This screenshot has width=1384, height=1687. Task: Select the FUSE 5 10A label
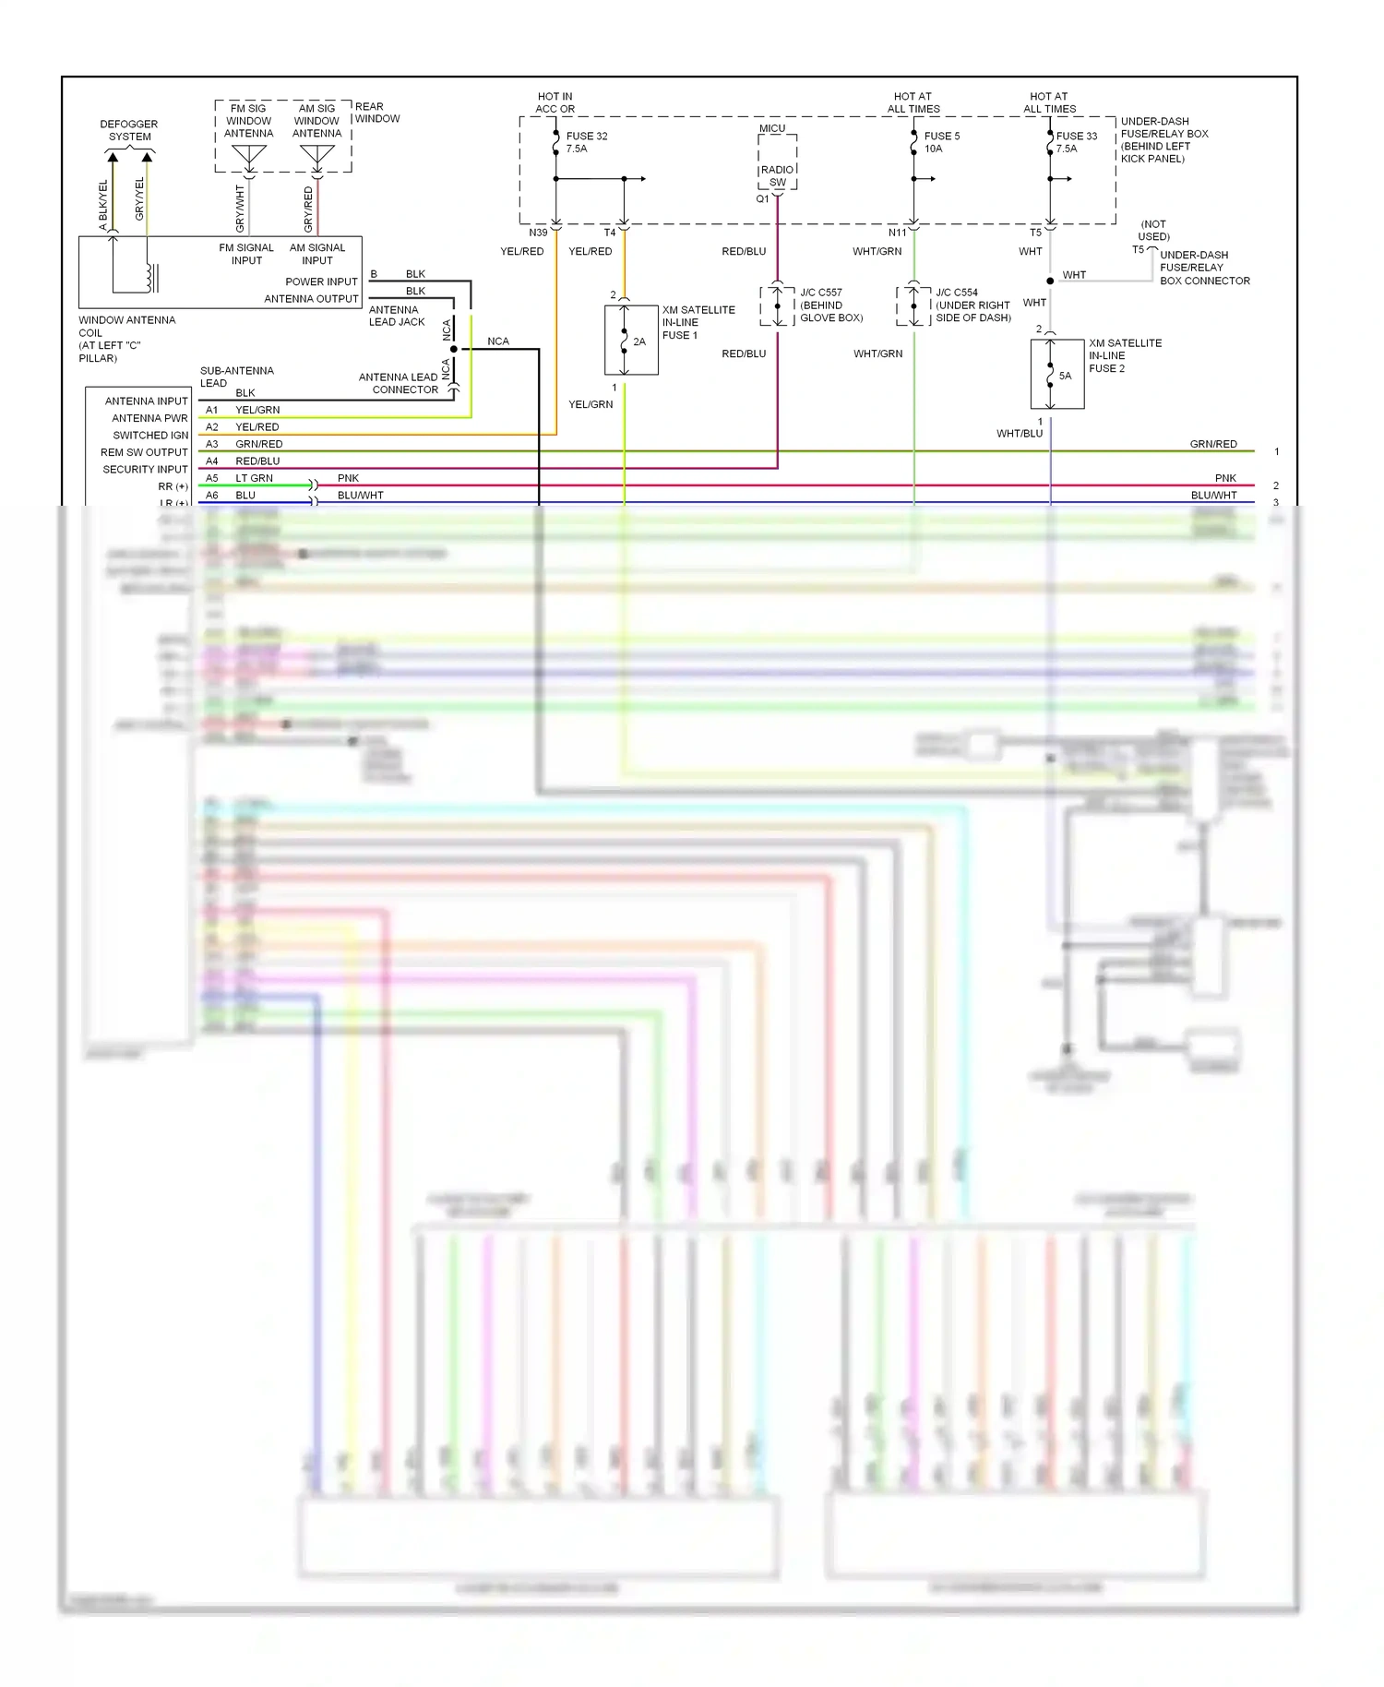point(941,142)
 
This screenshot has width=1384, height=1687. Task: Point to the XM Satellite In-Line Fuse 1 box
point(631,341)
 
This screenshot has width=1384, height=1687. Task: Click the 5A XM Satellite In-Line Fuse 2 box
point(1056,374)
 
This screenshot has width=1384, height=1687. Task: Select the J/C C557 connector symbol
point(778,305)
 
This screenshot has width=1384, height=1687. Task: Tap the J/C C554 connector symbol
point(913,305)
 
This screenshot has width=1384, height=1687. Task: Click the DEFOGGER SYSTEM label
point(129,130)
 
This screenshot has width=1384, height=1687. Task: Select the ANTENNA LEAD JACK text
point(397,316)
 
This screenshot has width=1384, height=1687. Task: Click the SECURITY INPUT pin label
point(145,469)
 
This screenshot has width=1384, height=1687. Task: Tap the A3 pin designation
point(212,444)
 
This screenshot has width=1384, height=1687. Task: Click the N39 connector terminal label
point(538,233)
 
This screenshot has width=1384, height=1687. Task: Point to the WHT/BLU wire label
point(1019,433)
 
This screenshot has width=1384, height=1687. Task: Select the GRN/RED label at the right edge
point(1212,444)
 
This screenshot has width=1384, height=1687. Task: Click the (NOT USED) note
point(1153,230)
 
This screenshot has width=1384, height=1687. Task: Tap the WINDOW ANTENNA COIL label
point(126,339)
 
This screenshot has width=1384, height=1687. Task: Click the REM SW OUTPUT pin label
point(144,452)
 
